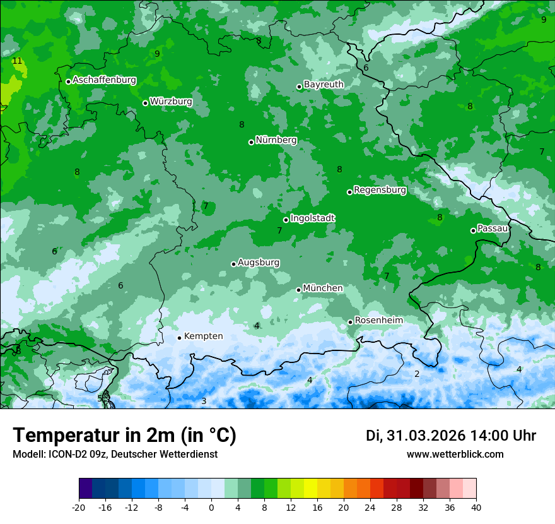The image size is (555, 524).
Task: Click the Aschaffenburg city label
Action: pyautogui.click(x=104, y=80)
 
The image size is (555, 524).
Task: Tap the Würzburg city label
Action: pyautogui.click(x=171, y=102)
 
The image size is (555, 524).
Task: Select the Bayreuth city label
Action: pyautogui.click(x=324, y=84)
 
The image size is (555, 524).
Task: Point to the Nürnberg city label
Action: pyautogui.click(x=276, y=140)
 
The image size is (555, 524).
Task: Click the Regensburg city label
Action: pyautogui.click(x=380, y=190)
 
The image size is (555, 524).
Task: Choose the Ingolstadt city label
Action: pyautogui.click(x=312, y=218)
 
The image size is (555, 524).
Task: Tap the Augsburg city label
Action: pyautogui.click(x=259, y=263)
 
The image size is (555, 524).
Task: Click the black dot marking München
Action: pyautogui.click(x=299, y=290)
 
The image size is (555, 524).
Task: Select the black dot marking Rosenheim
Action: pyautogui.click(x=351, y=322)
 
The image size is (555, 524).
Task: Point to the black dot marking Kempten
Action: pyautogui.click(x=180, y=338)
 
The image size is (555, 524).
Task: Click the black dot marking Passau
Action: pyautogui.click(x=473, y=230)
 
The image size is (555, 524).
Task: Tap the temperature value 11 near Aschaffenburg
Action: pyautogui.click(x=17, y=61)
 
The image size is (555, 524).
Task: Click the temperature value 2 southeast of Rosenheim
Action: pyautogui.click(x=417, y=374)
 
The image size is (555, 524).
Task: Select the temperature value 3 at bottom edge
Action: pyautogui.click(x=204, y=401)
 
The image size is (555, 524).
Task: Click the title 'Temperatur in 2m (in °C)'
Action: pyautogui.click(x=124, y=436)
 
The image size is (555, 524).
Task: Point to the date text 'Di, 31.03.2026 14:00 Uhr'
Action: pyautogui.click(x=450, y=436)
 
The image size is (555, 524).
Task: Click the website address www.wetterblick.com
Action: pyautogui.click(x=455, y=454)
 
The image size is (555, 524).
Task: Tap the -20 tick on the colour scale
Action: pyautogui.click(x=79, y=507)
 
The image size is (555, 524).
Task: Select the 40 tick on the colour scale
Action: pyautogui.click(x=476, y=507)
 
